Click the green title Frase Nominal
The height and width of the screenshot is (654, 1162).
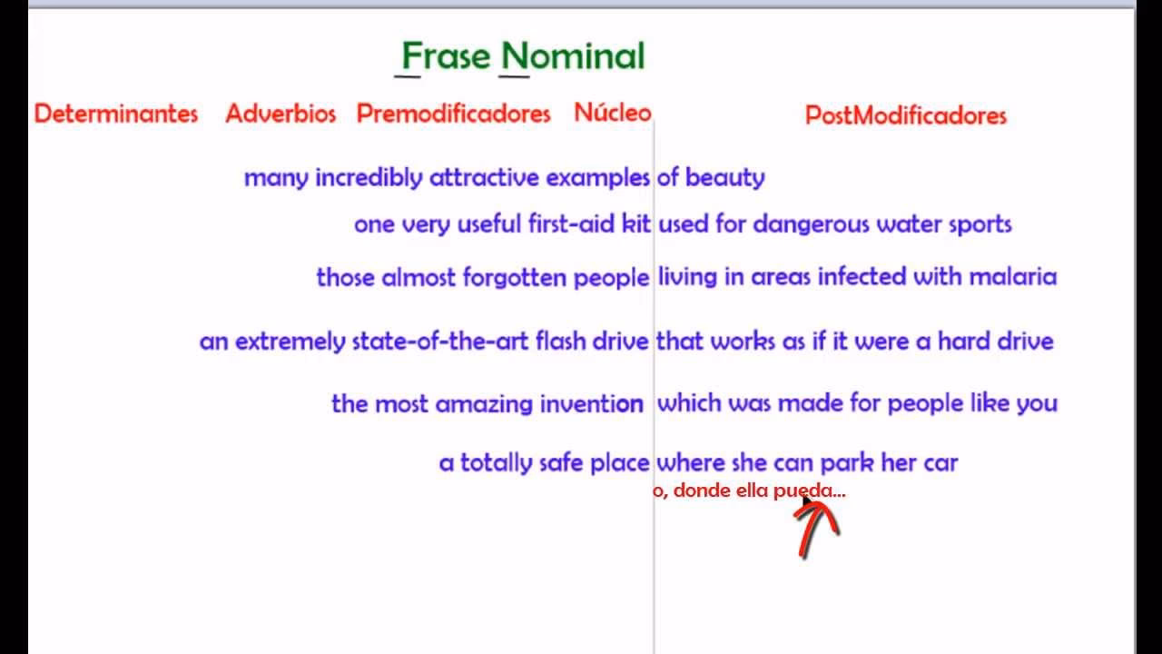[x=523, y=56]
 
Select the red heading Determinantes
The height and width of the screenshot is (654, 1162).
[x=116, y=114]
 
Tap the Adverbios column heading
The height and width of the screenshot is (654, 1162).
[x=281, y=114]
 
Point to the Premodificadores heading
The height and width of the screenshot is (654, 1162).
[x=453, y=114]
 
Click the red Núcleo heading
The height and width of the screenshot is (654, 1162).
[x=613, y=113]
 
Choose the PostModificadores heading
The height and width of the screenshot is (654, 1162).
[x=906, y=115]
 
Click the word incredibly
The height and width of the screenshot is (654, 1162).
[x=369, y=178]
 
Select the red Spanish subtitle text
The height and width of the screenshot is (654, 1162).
[x=749, y=491]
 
